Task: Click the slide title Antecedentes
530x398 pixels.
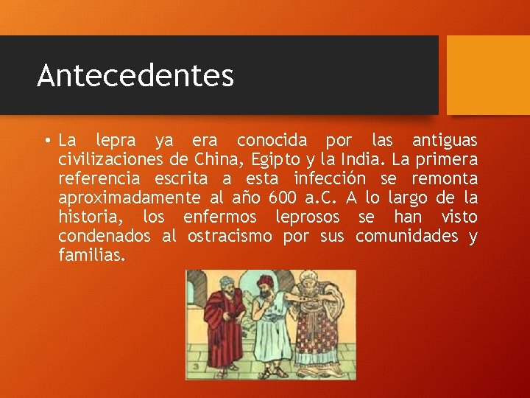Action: point(135,76)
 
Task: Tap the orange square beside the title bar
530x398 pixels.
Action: point(488,75)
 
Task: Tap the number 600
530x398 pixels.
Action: point(284,198)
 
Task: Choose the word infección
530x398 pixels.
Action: point(329,178)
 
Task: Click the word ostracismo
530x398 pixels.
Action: point(232,236)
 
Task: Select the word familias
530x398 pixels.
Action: point(92,255)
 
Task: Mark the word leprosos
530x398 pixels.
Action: point(308,217)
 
